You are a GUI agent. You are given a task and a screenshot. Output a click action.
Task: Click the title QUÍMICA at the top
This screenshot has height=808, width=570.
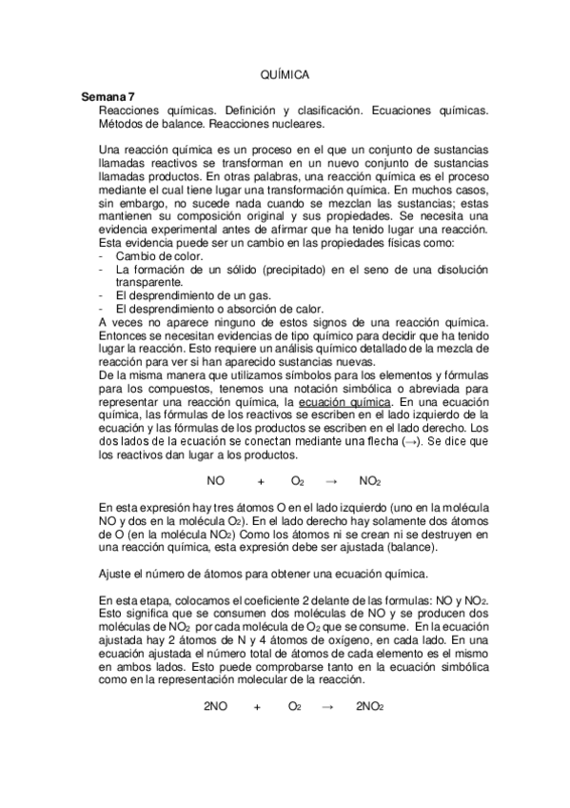click(285, 74)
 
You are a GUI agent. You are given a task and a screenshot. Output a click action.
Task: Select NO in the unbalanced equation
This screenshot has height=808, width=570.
click(215, 481)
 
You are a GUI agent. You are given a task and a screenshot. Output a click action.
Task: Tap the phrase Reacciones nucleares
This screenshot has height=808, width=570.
click(267, 124)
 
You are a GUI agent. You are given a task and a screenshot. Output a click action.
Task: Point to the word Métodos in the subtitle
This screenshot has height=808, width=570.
click(123, 124)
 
